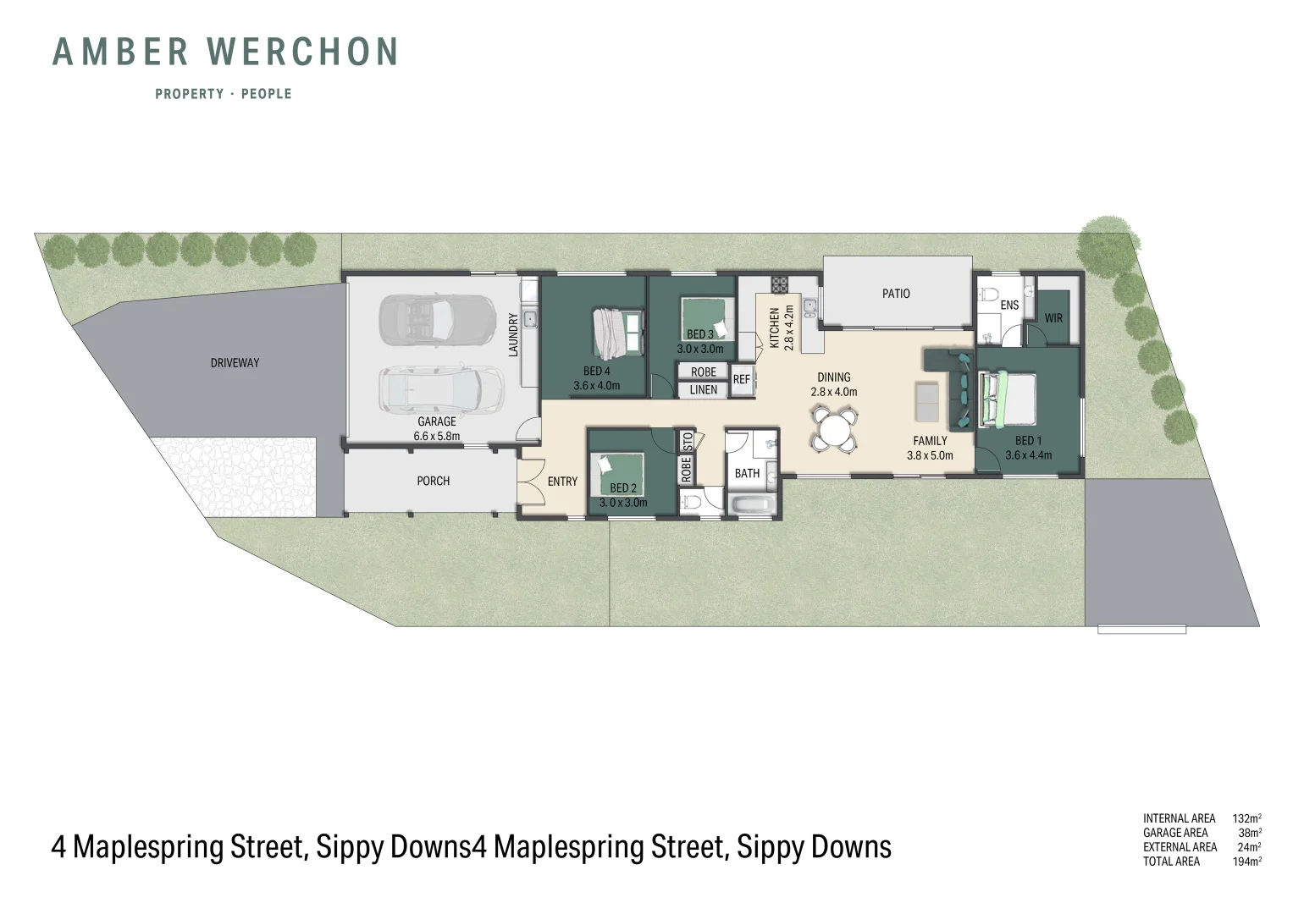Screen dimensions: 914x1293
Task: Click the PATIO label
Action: point(896,294)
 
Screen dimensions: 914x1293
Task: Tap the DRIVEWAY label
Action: point(235,363)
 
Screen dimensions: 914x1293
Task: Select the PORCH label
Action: point(433,481)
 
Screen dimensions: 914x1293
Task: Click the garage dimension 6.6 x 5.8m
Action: point(437,437)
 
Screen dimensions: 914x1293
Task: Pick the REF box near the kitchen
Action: point(742,380)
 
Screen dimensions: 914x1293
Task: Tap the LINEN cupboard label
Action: point(703,390)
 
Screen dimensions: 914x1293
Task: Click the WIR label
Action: point(1053,318)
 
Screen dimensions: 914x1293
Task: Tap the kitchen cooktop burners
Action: point(779,284)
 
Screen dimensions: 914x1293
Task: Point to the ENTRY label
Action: point(562,482)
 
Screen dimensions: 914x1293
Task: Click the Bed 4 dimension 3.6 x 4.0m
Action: point(596,386)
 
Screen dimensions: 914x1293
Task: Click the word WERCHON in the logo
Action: point(303,52)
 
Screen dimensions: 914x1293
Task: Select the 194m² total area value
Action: point(1246,862)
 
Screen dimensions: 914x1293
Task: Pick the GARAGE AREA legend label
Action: point(1175,833)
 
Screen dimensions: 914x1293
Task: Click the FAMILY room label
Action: point(930,441)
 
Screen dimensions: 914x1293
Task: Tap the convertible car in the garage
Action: point(437,319)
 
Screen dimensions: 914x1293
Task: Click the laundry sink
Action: point(529,319)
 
